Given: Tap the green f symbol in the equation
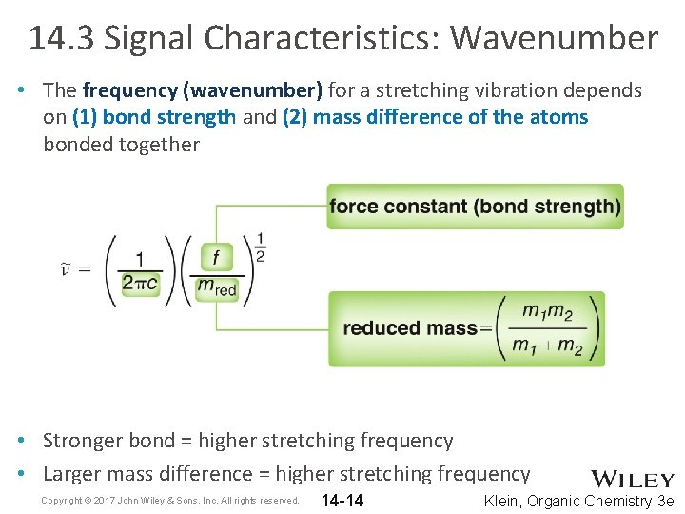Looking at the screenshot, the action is click(x=216, y=257).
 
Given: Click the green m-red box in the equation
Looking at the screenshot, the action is click(x=217, y=286).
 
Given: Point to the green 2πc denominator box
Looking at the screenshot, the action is click(x=140, y=284).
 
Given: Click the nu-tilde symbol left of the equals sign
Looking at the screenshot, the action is click(x=66, y=269).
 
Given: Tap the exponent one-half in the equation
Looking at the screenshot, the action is click(x=260, y=246).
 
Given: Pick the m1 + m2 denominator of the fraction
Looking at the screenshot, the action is click(x=548, y=345).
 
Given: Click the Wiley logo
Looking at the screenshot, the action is click(x=633, y=479).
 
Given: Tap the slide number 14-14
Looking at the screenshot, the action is click(x=342, y=501).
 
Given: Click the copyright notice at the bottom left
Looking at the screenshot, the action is click(x=170, y=501).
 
